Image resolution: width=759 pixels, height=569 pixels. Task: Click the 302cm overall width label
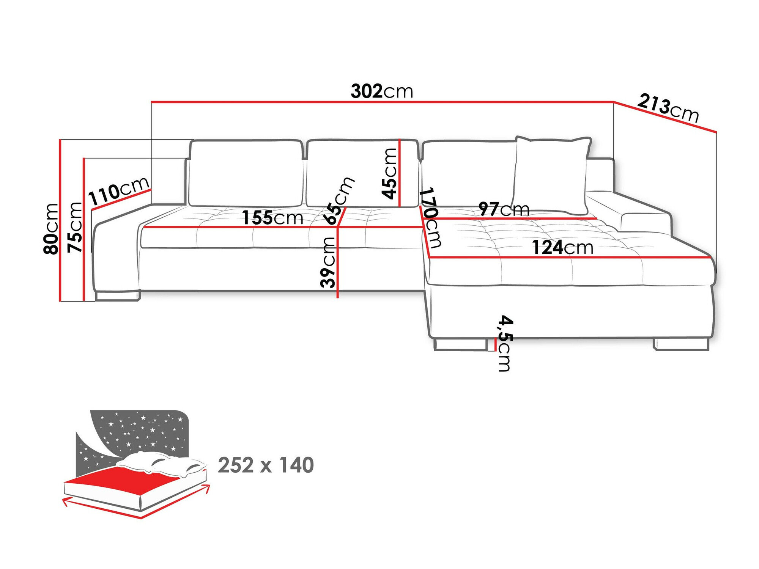click(x=381, y=91)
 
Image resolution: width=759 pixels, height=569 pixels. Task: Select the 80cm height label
click(x=51, y=228)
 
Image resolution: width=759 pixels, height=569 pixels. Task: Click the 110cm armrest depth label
click(x=118, y=191)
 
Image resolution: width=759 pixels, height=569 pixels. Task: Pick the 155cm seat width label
click(x=272, y=218)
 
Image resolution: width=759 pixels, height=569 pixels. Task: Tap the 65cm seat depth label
click(x=339, y=201)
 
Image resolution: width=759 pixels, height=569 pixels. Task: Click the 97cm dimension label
click(x=504, y=209)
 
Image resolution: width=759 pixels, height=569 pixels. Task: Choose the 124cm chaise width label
click(x=562, y=248)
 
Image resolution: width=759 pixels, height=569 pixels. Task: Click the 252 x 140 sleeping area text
click(x=266, y=465)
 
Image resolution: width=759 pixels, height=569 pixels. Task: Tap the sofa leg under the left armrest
click(x=118, y=296)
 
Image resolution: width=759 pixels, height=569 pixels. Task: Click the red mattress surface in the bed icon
click(x=125, y=481)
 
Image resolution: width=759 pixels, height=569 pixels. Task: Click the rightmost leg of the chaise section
click(x=681, y=344)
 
